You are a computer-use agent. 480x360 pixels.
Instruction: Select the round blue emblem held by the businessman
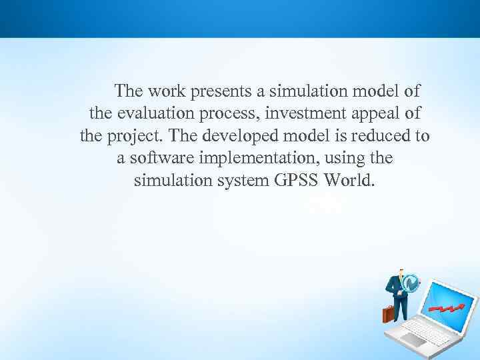tap(411, 283)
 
